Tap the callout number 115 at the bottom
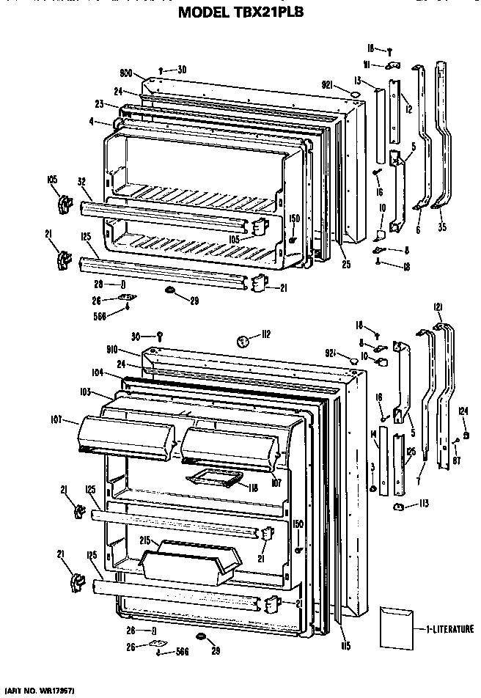345,645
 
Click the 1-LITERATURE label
448,628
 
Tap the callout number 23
98,105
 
